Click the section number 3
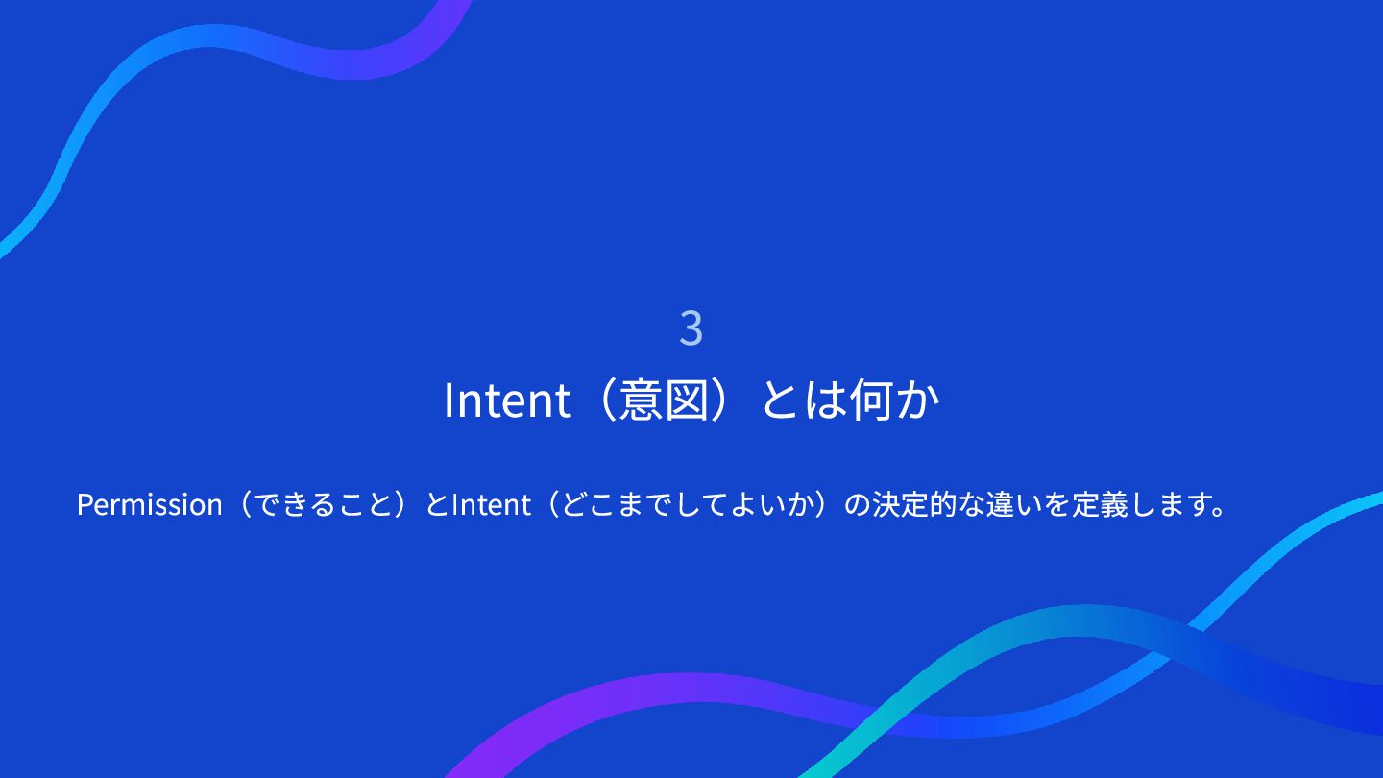[x=691, y=328]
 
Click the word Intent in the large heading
[x=507, y=401]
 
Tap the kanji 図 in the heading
[x=687, y=401]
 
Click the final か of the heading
[x=918, y=401]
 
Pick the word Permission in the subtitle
[x=150, y=504]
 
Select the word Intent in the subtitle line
[x=492, y=504]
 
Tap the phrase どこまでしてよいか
[x=692, y=504]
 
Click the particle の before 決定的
[x=858, y=505]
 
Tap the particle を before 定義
[x=1057, y=504]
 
